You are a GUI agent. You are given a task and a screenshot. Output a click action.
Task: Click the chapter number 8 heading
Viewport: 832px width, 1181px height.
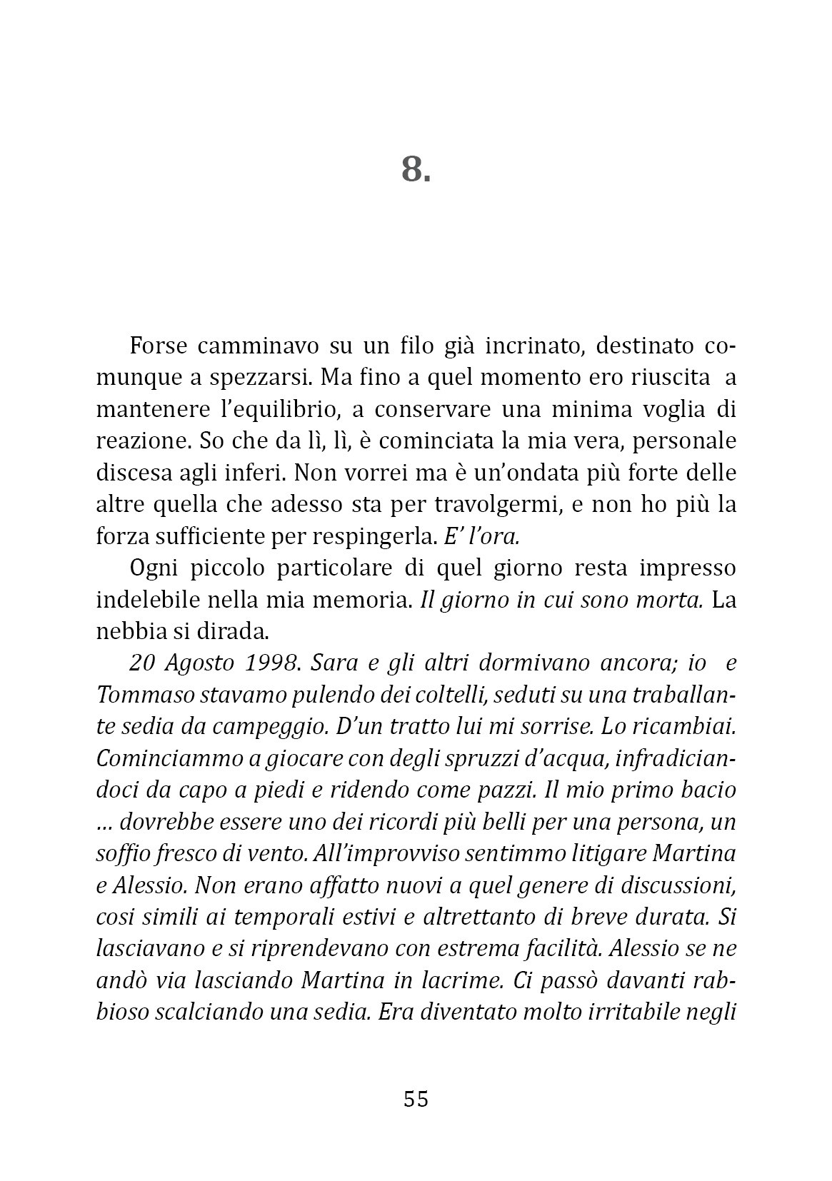click(416, 169)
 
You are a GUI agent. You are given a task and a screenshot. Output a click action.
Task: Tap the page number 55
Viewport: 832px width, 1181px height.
click(416, 1098)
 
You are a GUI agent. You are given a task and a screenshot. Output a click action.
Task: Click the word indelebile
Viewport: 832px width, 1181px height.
click(147, 600)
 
